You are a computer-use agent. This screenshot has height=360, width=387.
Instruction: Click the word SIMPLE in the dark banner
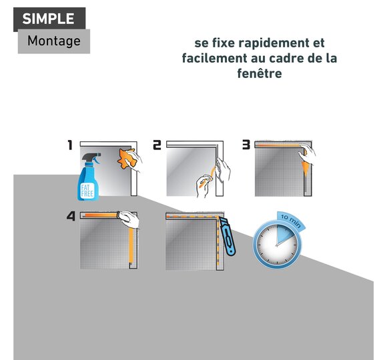48,19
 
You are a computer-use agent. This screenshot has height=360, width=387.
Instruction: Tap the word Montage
54,41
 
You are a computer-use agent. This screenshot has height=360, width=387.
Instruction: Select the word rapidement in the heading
268,43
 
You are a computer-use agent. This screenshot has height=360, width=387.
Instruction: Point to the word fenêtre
260,73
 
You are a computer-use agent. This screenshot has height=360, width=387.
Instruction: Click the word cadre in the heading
284,58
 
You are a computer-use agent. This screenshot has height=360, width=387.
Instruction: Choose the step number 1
70,145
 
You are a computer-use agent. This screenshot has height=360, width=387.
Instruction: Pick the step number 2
157,145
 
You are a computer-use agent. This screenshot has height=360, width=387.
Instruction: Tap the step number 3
246,145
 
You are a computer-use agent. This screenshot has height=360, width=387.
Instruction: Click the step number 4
71,216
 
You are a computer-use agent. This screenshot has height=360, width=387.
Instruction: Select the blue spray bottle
89,177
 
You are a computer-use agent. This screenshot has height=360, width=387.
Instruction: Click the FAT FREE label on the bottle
87,190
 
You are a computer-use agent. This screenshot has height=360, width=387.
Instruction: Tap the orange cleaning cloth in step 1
127,159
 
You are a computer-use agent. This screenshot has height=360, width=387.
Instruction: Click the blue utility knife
228,237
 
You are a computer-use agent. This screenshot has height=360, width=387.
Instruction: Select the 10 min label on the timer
291,220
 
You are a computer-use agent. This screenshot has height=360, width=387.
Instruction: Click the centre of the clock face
277,245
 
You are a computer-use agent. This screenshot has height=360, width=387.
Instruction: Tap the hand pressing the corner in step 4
129,219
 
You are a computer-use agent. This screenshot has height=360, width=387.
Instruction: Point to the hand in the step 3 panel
307,154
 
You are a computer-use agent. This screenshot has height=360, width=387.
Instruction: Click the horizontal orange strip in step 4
101,215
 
